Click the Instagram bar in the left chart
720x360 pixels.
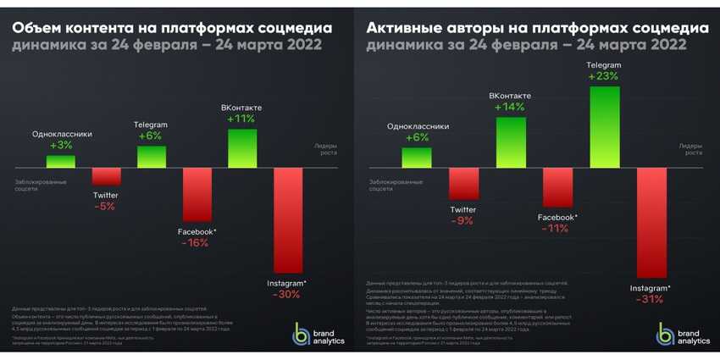(x=287, y=220)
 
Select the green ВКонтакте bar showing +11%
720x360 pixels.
(x=241, y=147)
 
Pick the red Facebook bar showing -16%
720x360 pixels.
(x=196, y=194)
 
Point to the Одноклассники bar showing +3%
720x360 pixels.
(x=61, y=161)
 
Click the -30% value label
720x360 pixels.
(x=287, y=295)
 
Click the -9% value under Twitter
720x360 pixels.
(x=463, y=221)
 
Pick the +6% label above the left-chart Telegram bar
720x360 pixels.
(x=150, y=136)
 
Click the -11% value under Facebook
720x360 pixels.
(x=557, y=228)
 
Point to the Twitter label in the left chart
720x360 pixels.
(x=105, y=196)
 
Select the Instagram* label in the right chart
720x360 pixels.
(x=650, y=288)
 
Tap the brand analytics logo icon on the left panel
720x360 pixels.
(x=300, y=334)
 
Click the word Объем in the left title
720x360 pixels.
(x=38, y=29)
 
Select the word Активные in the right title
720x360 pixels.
(x=403, y=29)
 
